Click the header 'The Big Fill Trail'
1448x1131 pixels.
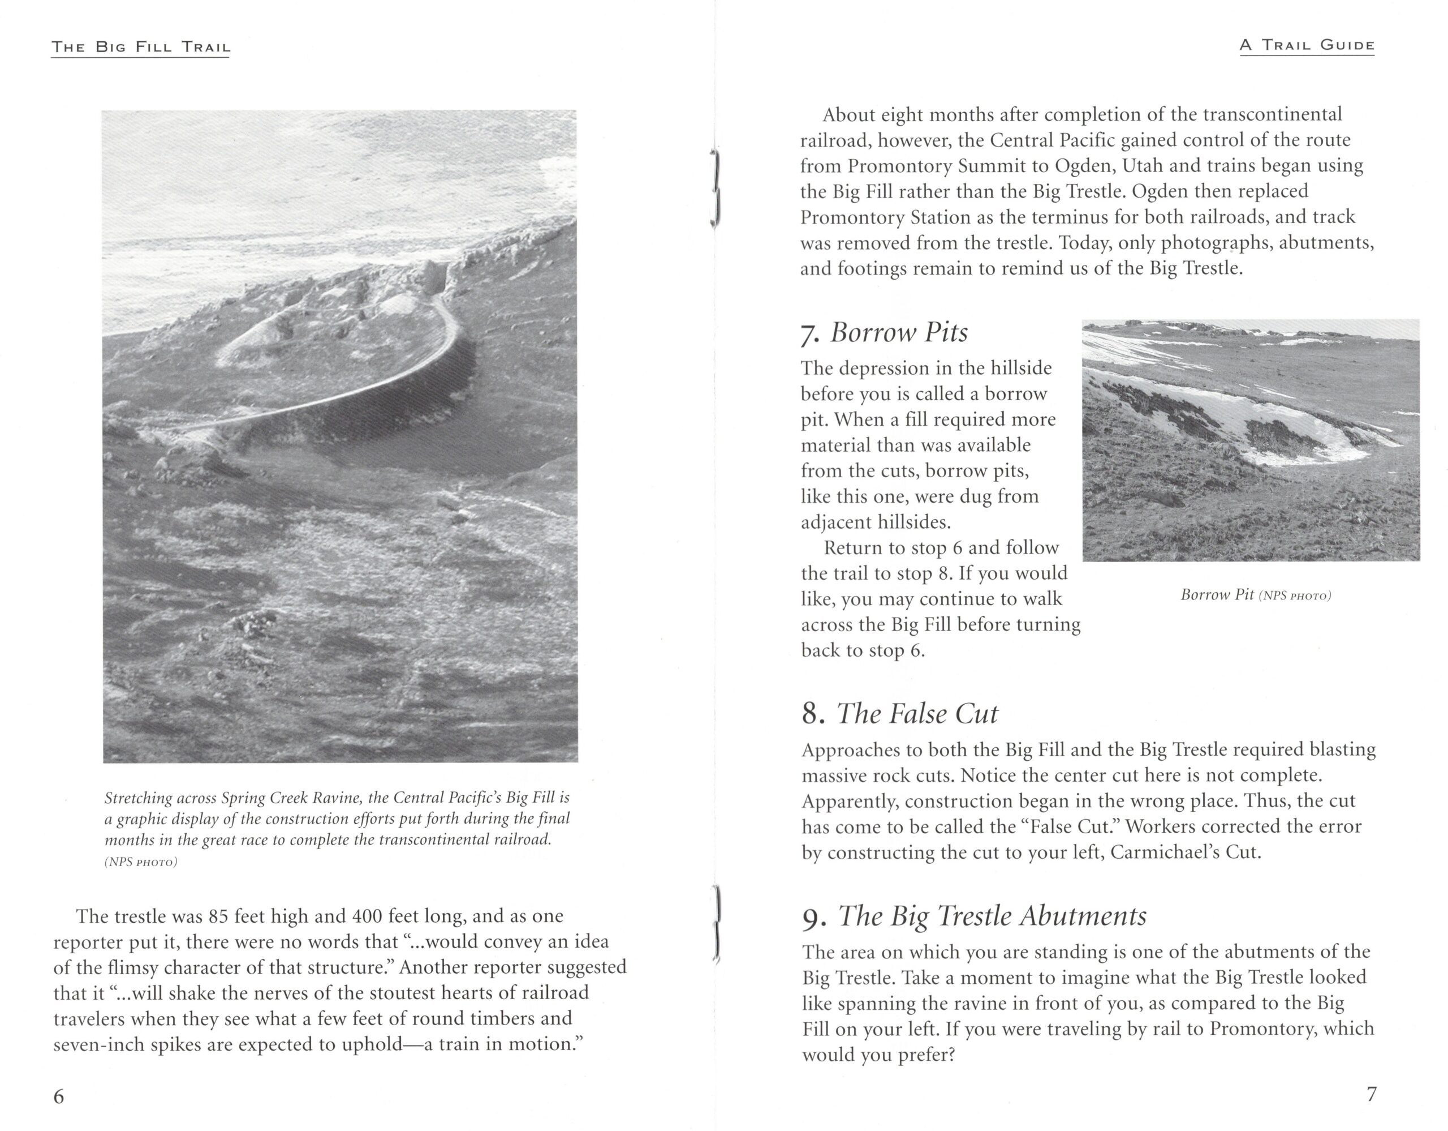140,48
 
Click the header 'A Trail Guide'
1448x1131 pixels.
1307,46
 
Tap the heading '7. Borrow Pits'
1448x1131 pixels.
884,333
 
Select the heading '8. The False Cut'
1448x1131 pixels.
899,714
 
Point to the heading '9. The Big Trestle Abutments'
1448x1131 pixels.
974,916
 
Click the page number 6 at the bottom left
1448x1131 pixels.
59,1096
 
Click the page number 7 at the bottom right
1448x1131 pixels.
1372,1094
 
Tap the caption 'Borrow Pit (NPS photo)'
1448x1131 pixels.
1255,595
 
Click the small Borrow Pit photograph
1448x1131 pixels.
1251,440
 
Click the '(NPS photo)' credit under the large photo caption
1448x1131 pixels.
140,862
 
